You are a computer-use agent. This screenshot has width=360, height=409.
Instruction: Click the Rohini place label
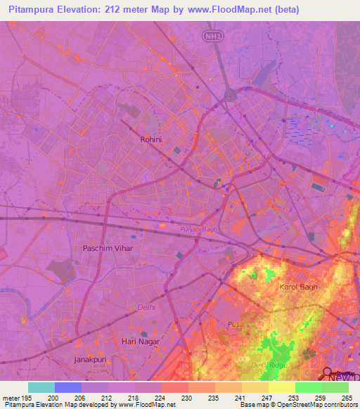(151, 139)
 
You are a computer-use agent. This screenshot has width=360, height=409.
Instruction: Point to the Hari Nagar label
(141, 342)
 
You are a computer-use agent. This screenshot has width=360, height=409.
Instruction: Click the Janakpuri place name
(91, 359)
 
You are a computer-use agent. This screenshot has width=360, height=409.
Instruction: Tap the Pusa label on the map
(234, 324)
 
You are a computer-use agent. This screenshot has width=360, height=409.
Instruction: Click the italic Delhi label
(146, 307)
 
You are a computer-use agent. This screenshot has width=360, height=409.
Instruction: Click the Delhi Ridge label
(269, 365)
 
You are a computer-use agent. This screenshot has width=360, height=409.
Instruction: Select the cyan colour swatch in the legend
(41, 387)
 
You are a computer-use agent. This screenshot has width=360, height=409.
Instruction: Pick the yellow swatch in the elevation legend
(282, 387)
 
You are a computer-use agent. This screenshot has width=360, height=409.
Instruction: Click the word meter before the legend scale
(11, 397)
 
